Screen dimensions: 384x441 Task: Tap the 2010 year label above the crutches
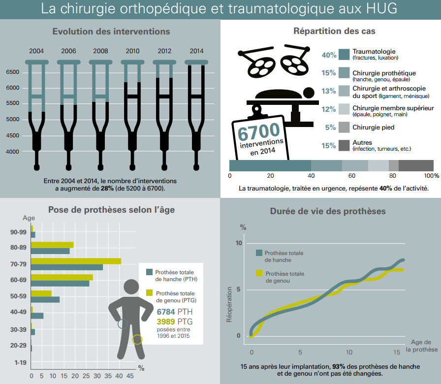132,51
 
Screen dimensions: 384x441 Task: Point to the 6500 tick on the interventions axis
13,72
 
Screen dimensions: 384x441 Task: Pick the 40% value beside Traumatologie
329,55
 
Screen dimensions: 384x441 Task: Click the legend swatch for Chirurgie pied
344,128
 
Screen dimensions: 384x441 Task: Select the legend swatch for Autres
344,146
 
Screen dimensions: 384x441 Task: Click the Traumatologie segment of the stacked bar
270,165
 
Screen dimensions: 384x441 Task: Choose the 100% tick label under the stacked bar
431,176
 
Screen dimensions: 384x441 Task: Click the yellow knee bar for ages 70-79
76,261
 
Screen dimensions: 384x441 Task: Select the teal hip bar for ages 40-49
37,316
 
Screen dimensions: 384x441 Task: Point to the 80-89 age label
18,248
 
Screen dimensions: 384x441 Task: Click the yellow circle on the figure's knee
137,339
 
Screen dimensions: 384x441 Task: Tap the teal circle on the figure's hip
123,323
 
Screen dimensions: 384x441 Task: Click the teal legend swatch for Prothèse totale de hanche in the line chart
259,253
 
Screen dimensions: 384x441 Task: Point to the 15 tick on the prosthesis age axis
397,352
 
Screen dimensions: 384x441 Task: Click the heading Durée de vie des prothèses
328,211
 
